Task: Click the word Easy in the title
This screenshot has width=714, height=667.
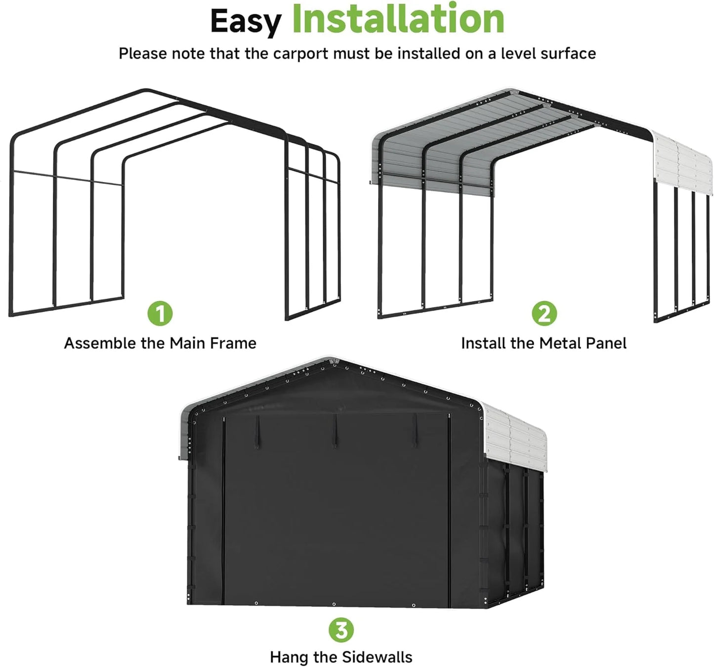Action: pyautogui.click(x=245, y=21)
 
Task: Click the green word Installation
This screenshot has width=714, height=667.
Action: pyautogui.click(x=398, y=19)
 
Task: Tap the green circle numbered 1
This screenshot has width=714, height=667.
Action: pyautogui.click(x=160, y=313)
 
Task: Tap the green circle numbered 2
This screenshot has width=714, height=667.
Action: pyautogui.click(x=544, y=313)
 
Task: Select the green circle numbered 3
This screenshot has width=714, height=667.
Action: pyautogui.click(x=341, y=630)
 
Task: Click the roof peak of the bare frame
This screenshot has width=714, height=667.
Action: pyautogui.click(x=146, y=91)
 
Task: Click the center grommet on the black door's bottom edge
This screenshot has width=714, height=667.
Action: pyautogui.click(x=334, y=604)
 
